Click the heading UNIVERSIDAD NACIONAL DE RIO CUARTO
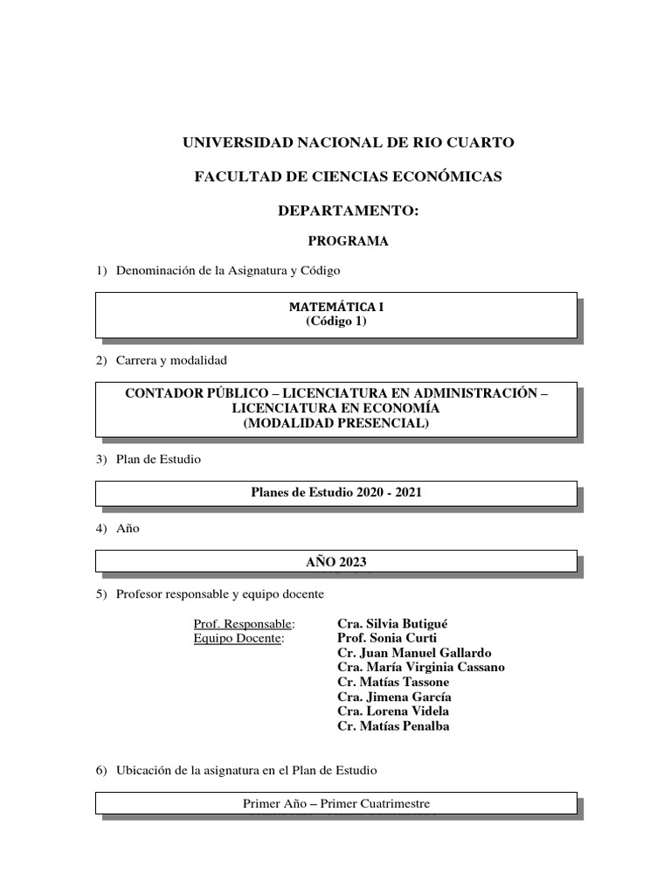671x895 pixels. tap(348, 142)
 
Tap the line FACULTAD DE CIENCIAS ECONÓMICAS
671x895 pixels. tap(348, 177)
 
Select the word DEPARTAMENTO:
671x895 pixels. tap(348, 211)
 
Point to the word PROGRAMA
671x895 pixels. tap(348, 241)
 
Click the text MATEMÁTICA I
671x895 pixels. tap(336, 307)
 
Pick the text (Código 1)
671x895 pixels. tap(336, 321)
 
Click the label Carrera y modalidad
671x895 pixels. tap(171, 360)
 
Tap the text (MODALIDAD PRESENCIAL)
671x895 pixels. tap(336, 423)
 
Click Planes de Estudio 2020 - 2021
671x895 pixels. tap(336, 493)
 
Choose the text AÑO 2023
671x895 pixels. tap(336, 560)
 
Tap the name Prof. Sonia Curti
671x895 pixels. tap(387, 639)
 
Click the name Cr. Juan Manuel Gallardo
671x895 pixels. tap(414, 653)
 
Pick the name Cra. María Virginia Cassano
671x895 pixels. tap(421, 668)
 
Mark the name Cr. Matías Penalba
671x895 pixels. tap(393, 726)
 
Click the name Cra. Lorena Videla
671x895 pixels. tap(393, 711)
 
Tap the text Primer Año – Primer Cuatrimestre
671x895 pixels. tap(336, 803)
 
